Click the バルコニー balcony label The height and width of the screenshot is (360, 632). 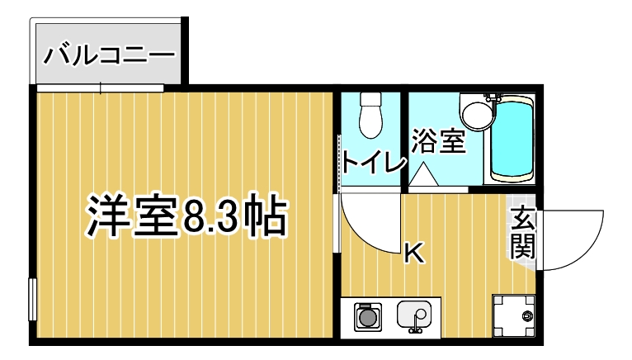click(x=109, y=55)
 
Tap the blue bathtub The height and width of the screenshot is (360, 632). click(x=512, y=139)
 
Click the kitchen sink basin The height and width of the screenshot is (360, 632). click(x=415, y=315)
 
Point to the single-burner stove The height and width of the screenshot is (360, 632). click(x=367, y=316)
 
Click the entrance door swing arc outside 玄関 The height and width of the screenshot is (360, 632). click(x=578, y=235)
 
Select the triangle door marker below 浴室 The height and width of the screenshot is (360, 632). click(x=423, y=174)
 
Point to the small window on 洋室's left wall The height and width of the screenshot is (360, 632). click(x=32, y=301)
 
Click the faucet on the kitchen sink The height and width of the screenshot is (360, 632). click(x=417, y=329)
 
